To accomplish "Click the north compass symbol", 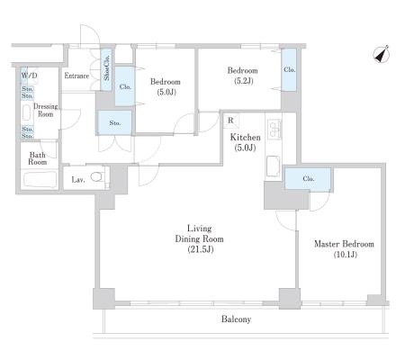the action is click(382, 54).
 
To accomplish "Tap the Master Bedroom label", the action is click(345, 249).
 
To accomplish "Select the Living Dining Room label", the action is click(199, 238).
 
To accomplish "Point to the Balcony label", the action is click(236, 319).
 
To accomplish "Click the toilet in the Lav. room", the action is click(96, 176).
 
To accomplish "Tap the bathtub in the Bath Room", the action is click(40, 179).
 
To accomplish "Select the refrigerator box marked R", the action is click(230, 121).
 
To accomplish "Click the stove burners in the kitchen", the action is click(274, 129).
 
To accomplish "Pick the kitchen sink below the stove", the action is click(274, 166).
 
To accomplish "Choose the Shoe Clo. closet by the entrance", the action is click(106, 70).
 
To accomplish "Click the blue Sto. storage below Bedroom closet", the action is click(114, 122).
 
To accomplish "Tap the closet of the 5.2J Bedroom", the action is click(289, 70).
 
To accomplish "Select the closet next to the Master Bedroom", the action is click(308, 179).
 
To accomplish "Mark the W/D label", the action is click(29, 76).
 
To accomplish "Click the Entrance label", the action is click(76, 76).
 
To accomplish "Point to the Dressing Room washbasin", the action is click(27, 112).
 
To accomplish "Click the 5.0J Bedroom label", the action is click(166, 86).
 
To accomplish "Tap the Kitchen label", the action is click(245, 142).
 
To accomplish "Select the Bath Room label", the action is click(38, 158).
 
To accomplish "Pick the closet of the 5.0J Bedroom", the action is click(125, 86).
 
